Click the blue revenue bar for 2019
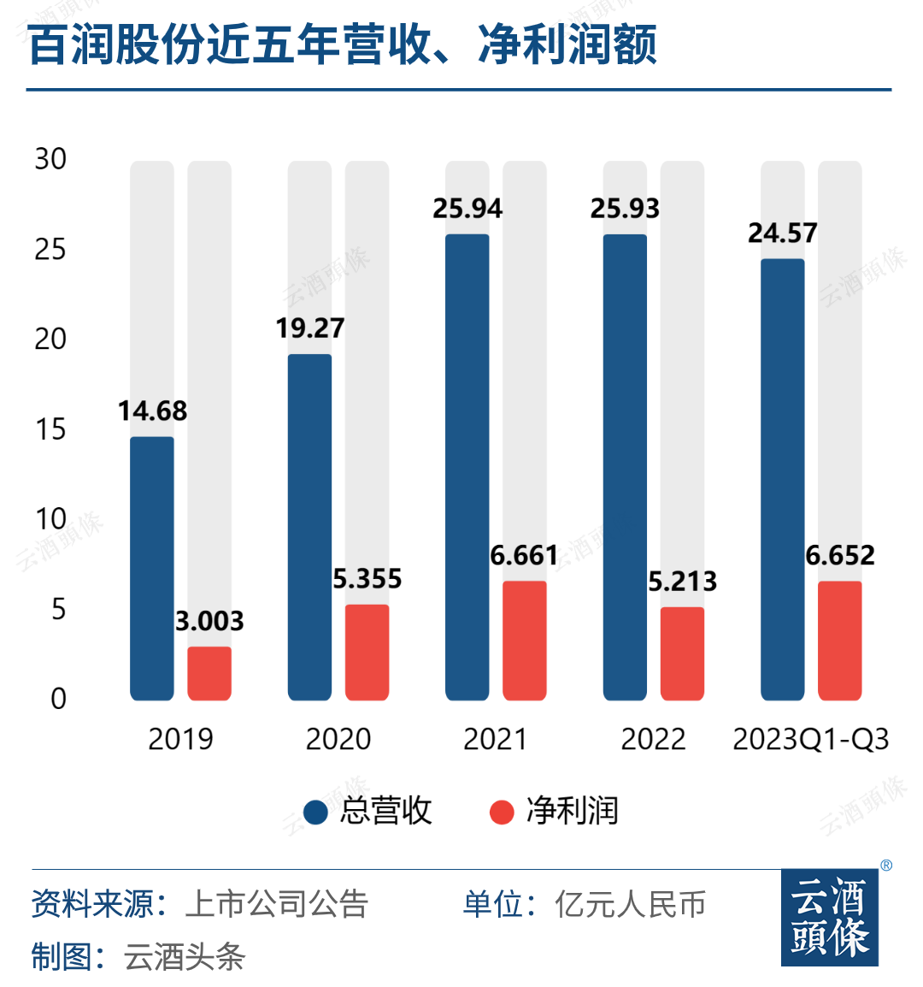tap(152, 569)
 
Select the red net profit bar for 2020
tap(367, 653)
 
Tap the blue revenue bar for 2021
tap(467, 467)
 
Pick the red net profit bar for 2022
tap(682, 653)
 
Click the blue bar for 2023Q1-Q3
tap(783, 479)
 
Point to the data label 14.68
tap(152, 411)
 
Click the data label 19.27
tap(309, 328)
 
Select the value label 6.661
tap(524, 556)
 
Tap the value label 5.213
tap(682, 582)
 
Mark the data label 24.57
tap(783, 233)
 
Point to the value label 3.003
tap(209, 621)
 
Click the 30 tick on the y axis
tap(50, 159)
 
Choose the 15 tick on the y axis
tap(50, 429)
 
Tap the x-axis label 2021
tap(496, 739)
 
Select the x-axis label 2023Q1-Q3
tap(810, 739)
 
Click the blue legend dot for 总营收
tap(315, 812)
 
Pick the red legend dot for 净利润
tap(502, 812)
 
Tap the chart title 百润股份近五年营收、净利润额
tap(342, 44)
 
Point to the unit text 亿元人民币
tap(630, 904)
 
